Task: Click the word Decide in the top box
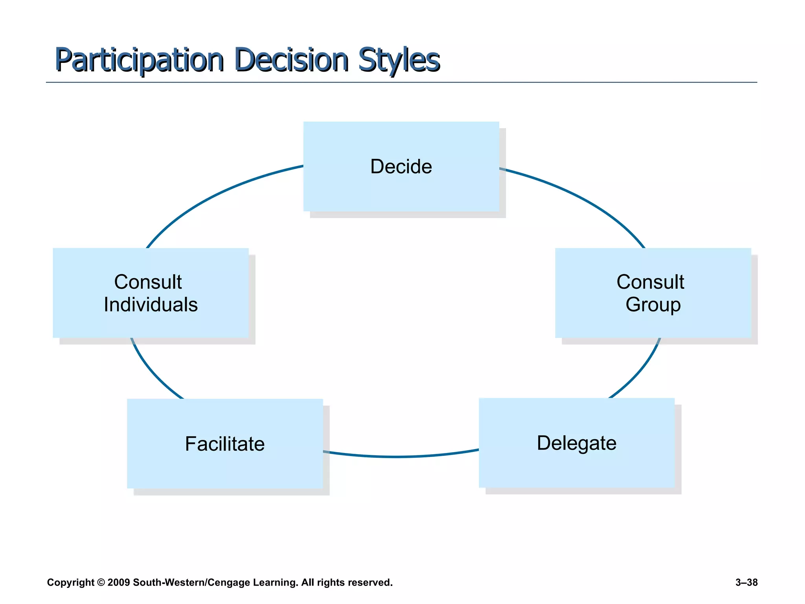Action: [x=401, y=166]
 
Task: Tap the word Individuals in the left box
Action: [x=151, y=305]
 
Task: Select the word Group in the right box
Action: [x=653, y=305]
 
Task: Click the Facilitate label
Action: [x=225, y=444]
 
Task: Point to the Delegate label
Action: [x=577, y=443]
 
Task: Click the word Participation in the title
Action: [x=139, y=60]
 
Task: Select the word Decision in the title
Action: [x=291, y=60]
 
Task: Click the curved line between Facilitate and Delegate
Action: [x=397, y=457]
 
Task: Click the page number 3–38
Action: [x=746, y=582]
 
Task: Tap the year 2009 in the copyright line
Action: [x=118, y=582]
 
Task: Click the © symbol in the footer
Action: [x=101, y=582]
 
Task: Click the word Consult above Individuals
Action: [x=148, y=282]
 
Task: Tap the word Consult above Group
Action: [x=650, y=282]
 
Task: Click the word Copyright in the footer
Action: [x=70, y=582]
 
